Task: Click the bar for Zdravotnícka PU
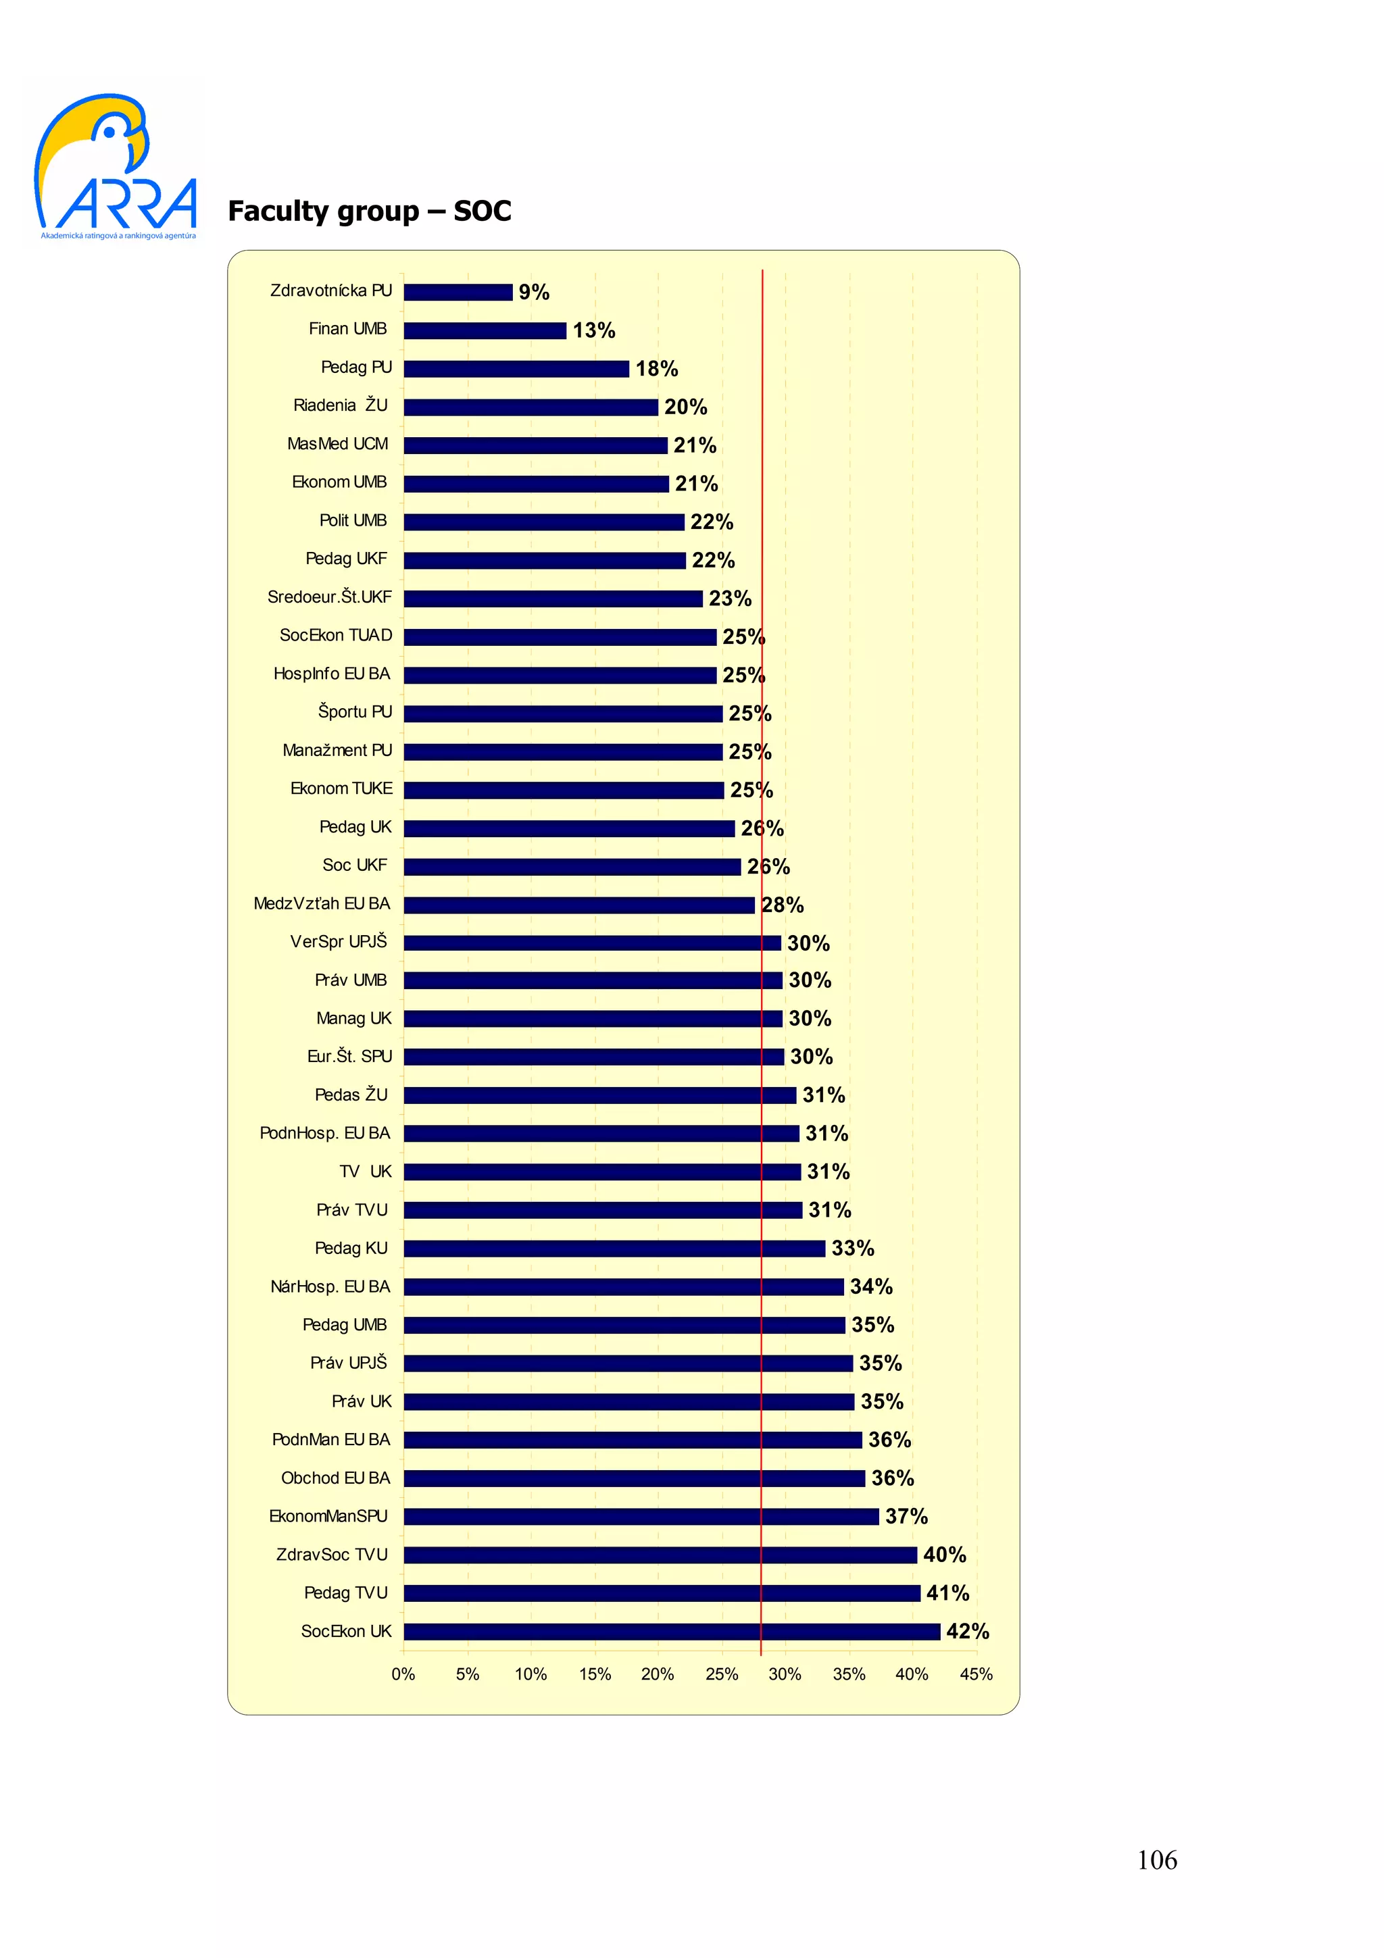pyautogui.click(x=458, y=293)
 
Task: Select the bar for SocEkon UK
pyautogui.click(x=671, y=1632)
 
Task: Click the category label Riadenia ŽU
pyautogui.click(x=340, y=405)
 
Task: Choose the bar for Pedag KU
pyautogui.click(x=614, y=1249)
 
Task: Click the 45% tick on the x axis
pyautogui.click(x=976, y=1674)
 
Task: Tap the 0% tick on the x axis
pyautogui.click(x=403, y=1674)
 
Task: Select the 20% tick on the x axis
pyautogui.click(x=658, y=1674)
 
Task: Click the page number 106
pyautogui.click(x=1156, y=1860)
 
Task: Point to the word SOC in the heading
pyautogui.click(x=482, y=211)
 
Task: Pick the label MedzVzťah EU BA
pyautogui.click(x=322, y=903)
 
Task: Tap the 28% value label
pyautogui.click(x=783, y=905)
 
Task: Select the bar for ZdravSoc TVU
pyautogui.click(x=660, y=1555)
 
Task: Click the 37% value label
pyautogui.click(x=906, y=1516)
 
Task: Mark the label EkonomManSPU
pyautogui.click(x=328, y=1516)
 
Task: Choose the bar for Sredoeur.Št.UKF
pyautogui.click(x=553, y=599)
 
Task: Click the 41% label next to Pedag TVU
pyautogui.click(x=947, y=1593)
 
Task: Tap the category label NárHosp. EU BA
pyautogui.click(x=330, y=1286)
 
